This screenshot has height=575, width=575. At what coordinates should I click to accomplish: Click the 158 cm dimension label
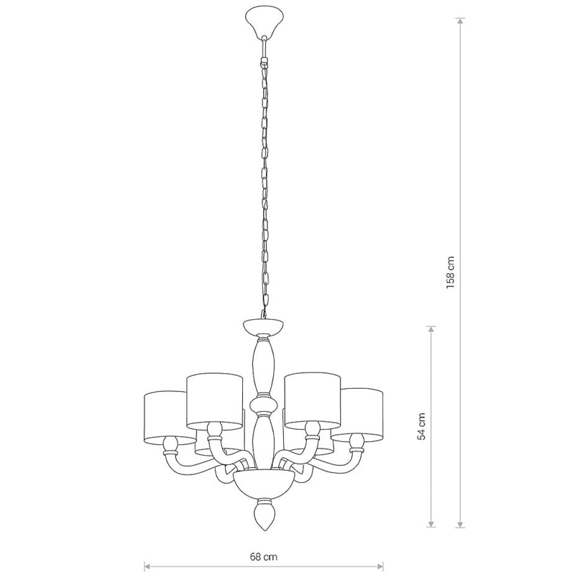point(451,272)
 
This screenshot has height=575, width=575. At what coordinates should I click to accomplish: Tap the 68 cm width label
point(264,557)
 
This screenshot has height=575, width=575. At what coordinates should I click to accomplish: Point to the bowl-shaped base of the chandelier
point(264,484)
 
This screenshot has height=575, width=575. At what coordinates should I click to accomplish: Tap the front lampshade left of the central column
point(214,402)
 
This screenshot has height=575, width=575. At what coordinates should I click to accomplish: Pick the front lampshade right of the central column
point(313,401)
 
